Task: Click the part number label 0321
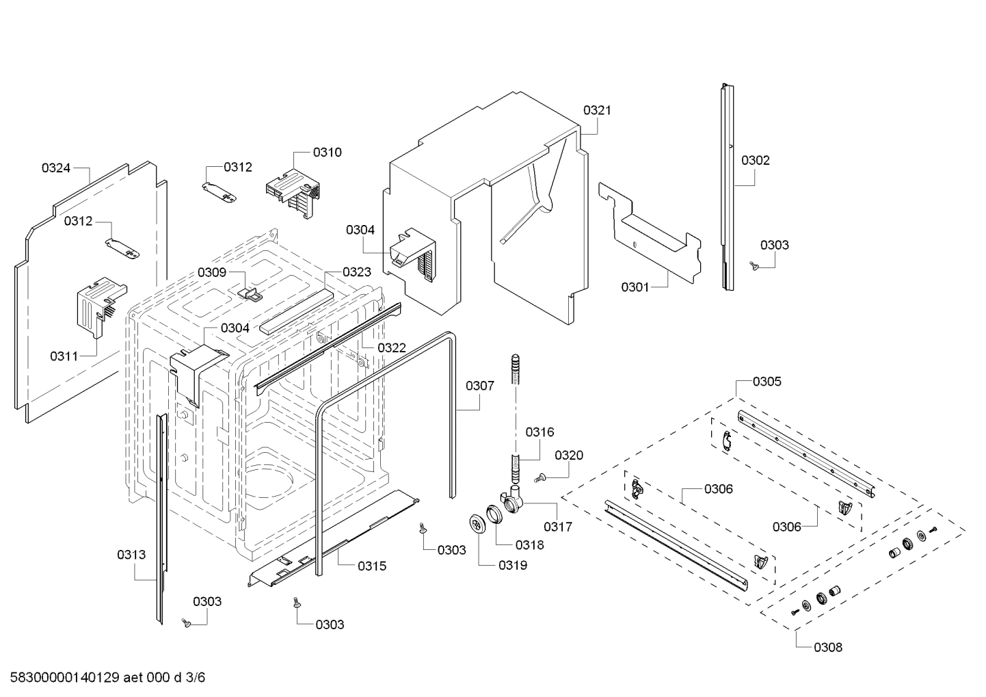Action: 597,110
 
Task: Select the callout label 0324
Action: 56,168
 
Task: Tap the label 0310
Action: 327,152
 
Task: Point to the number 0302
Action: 755,160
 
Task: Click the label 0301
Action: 635,287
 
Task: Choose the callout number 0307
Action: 480,386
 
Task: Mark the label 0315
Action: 371,566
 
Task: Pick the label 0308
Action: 828,647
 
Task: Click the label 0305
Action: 767,382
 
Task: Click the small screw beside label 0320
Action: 539,477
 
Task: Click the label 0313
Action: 131,555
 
